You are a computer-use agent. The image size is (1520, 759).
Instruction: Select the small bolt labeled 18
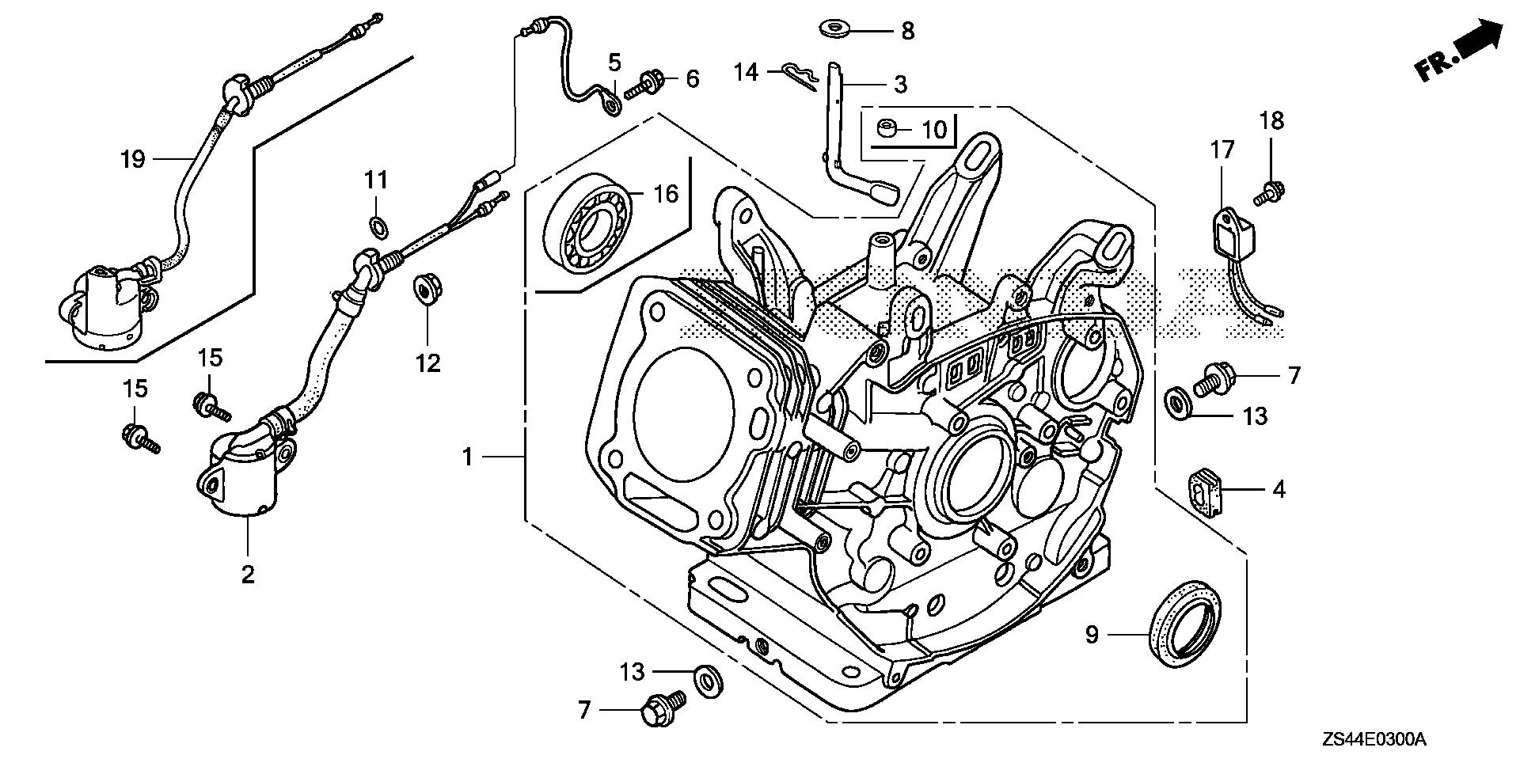click(1271, 191)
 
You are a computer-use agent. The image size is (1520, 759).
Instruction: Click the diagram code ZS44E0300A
click(1373, 740)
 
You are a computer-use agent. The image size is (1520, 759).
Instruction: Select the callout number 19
click(133, 160)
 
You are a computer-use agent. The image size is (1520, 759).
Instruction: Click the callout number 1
click(468, 457)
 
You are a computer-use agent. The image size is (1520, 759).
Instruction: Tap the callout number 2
click(248, 574)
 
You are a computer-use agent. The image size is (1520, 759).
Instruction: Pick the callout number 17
click(1222, 150)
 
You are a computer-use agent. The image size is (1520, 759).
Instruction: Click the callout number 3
click(899, 84)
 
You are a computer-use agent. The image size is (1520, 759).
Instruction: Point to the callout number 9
click(1092, 635)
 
